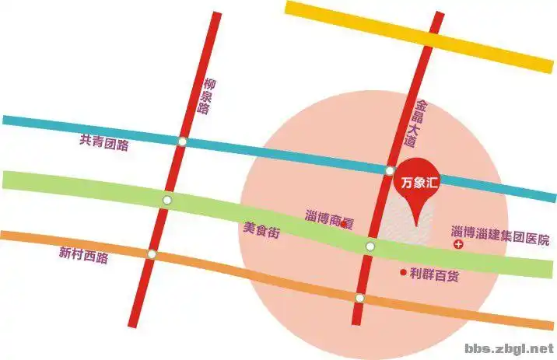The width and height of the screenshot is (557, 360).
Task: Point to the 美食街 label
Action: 261,230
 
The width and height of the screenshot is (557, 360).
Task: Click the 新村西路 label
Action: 83,254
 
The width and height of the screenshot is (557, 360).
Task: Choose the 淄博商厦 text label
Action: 328,218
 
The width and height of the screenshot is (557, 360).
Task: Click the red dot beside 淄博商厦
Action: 344,225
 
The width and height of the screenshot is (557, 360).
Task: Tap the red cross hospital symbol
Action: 458,246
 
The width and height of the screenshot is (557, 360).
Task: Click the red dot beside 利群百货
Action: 402,272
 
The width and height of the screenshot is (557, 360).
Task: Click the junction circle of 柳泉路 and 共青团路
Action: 181,142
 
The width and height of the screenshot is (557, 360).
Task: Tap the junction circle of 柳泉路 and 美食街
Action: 166,201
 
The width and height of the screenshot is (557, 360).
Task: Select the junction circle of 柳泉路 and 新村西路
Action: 152,254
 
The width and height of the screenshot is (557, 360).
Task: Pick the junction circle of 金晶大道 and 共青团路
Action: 390,171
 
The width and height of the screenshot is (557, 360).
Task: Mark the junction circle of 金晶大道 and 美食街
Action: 371,247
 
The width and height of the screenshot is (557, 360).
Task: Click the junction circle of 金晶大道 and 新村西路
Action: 359,299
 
